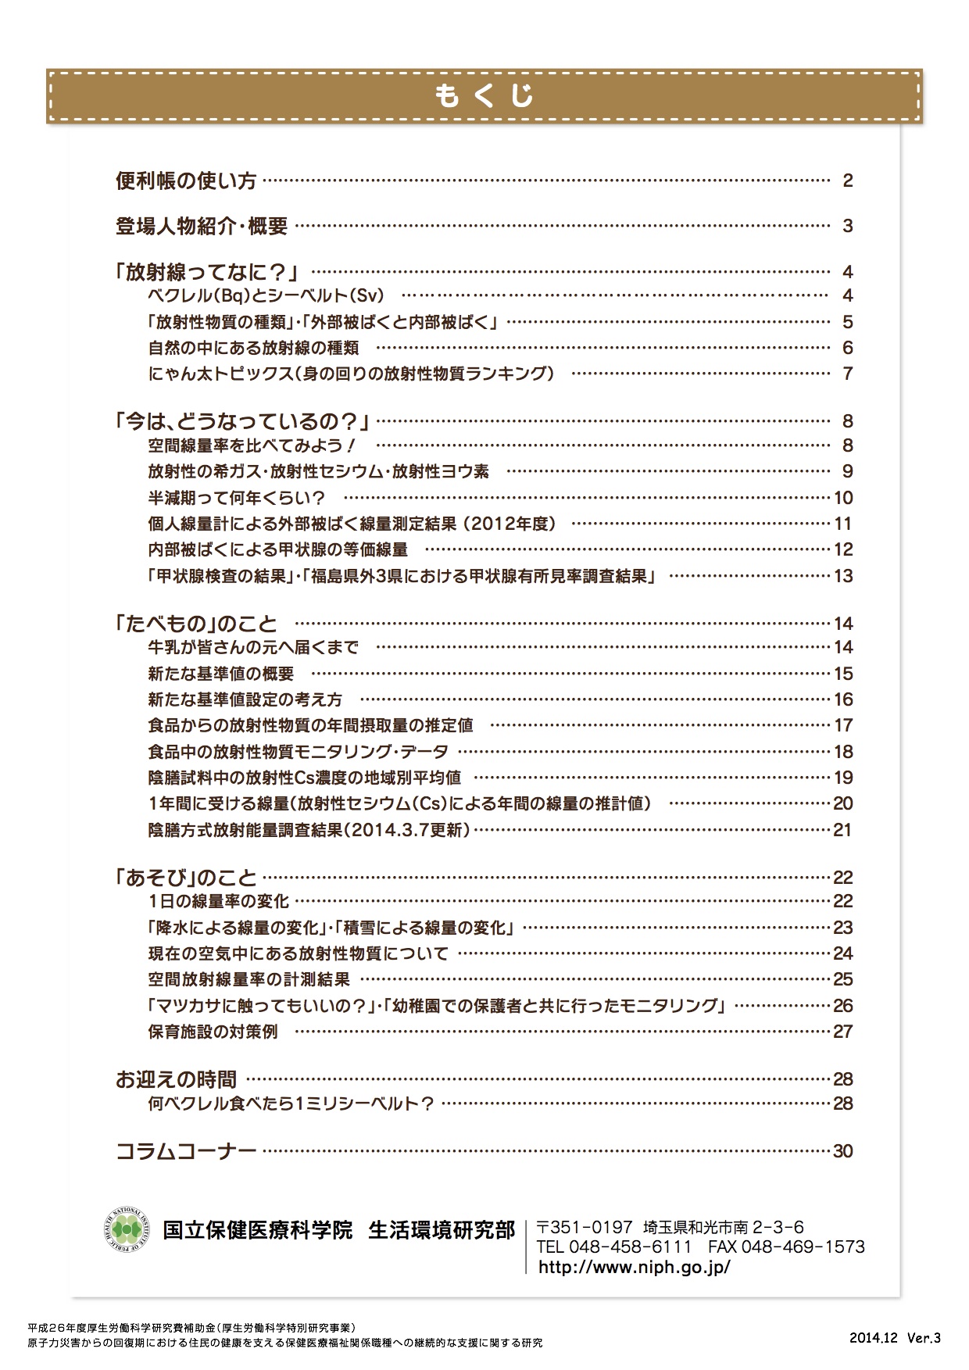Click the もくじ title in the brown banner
coord(484,95)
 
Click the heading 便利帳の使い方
coord(186,181)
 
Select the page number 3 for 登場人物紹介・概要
coord(847,227)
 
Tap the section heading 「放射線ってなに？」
coord(209,272)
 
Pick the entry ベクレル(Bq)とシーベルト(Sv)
coord(266,296)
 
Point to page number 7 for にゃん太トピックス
coord(847,374)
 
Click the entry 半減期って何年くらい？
coord(237,498)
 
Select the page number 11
coord(843,524)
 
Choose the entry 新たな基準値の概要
coord(221,674)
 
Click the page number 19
coord(843,778)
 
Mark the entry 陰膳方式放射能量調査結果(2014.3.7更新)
coord(309,830)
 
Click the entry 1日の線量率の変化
coord(219,902)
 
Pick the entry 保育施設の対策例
coord(213,1032)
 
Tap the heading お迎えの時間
coord(176,1080)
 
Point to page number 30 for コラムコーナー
coord(843,1151)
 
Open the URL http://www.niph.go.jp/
coord(634,1267)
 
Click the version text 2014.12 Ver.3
coord(895,1337)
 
